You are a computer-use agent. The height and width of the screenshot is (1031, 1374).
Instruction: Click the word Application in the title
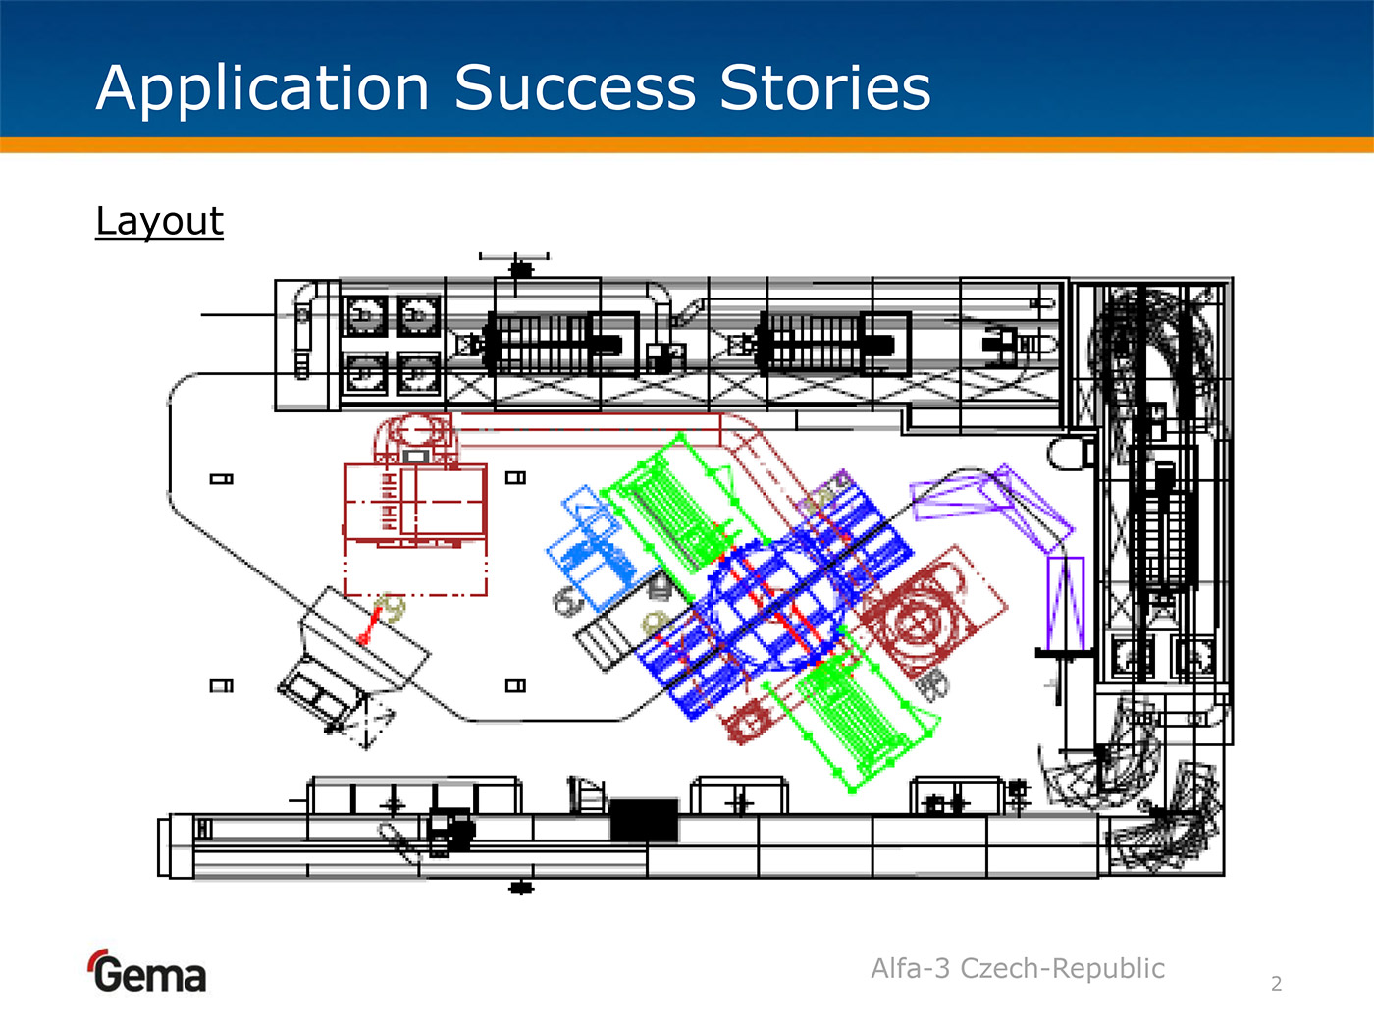[263, 88]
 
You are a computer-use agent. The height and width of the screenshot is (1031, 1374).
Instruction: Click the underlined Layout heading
[160, 221]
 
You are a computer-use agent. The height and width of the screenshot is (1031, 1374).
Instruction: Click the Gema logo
[147, 972]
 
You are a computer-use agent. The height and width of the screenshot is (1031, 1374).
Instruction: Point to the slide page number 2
[1276, 984]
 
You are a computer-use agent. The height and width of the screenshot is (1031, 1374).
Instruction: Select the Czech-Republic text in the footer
[1062, 969]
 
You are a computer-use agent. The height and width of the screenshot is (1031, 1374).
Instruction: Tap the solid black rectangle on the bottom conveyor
[644, 820]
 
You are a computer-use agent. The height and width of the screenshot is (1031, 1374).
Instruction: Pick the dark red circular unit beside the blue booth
[918, 621]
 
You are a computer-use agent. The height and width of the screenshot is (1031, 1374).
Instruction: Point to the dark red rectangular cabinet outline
[416, 501]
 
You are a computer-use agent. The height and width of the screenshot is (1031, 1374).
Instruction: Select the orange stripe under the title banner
[687, 145]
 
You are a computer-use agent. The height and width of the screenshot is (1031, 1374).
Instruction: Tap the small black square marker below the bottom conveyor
[521, 888]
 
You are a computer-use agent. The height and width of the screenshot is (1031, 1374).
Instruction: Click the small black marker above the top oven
[521, 268]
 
